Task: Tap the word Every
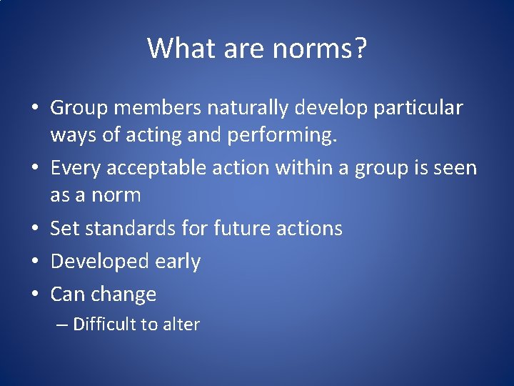[x=77, y=168]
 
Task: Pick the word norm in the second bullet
[x=117, y=195]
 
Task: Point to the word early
[x=178, y=262]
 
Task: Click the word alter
[x=181, y=325]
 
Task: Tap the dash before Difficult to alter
[x=61, y=325]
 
